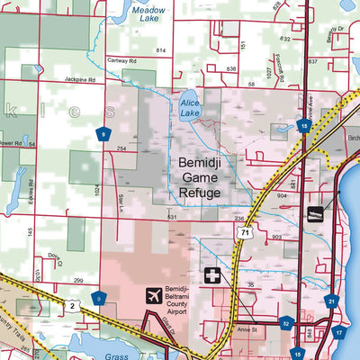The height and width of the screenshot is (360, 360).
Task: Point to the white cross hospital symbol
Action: (x=213, y=274)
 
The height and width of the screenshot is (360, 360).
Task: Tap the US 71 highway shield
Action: (x=241, y=232)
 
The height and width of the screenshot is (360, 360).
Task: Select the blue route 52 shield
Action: (x=286, y=323)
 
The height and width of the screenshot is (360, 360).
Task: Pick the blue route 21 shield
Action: (x=331, y=301)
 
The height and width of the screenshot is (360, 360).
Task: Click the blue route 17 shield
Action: (x=339, y=332)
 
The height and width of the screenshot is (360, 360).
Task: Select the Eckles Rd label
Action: (x=30, y=192)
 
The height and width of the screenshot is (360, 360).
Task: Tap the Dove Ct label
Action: (x=56, y=258)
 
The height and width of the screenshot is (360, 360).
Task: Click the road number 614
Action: (x=161, y=50)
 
